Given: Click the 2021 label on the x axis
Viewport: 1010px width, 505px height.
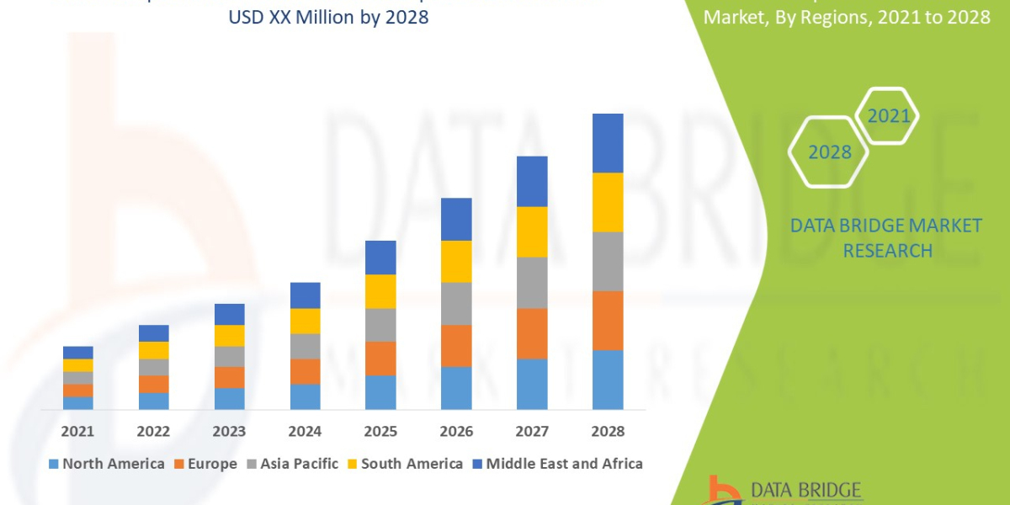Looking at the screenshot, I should click(77, 431).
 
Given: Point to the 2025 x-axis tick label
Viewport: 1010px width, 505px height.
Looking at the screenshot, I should click(380, 431).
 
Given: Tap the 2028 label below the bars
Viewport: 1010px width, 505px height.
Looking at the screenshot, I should click(608, 431).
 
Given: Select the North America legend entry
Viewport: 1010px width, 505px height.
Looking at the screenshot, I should click(107, 464).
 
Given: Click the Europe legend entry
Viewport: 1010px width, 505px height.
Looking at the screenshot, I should click(206, 464).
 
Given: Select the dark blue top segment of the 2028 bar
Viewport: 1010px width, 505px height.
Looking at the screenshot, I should click(608, 143).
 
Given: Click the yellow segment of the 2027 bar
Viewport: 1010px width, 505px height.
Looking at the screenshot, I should click(532, 231).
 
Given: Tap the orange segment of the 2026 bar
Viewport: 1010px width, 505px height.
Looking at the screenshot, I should click(456, 345).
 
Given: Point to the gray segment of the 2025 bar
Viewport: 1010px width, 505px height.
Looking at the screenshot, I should click(380, 324).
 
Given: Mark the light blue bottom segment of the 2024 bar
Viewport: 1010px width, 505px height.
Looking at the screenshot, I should click(305, 396).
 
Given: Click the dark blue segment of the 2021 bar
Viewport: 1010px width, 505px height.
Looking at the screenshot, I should click(77, 352).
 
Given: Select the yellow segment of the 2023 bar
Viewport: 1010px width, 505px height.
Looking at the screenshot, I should click(229, 335).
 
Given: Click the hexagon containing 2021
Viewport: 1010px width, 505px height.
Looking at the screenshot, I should click(888, 115).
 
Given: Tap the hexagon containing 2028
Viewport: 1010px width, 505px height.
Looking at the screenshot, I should click(829, 152).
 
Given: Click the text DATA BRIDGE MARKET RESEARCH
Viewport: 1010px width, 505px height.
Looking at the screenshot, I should click(886, 237).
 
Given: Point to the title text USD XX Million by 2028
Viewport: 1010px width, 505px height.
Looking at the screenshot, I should click(328, 17).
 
